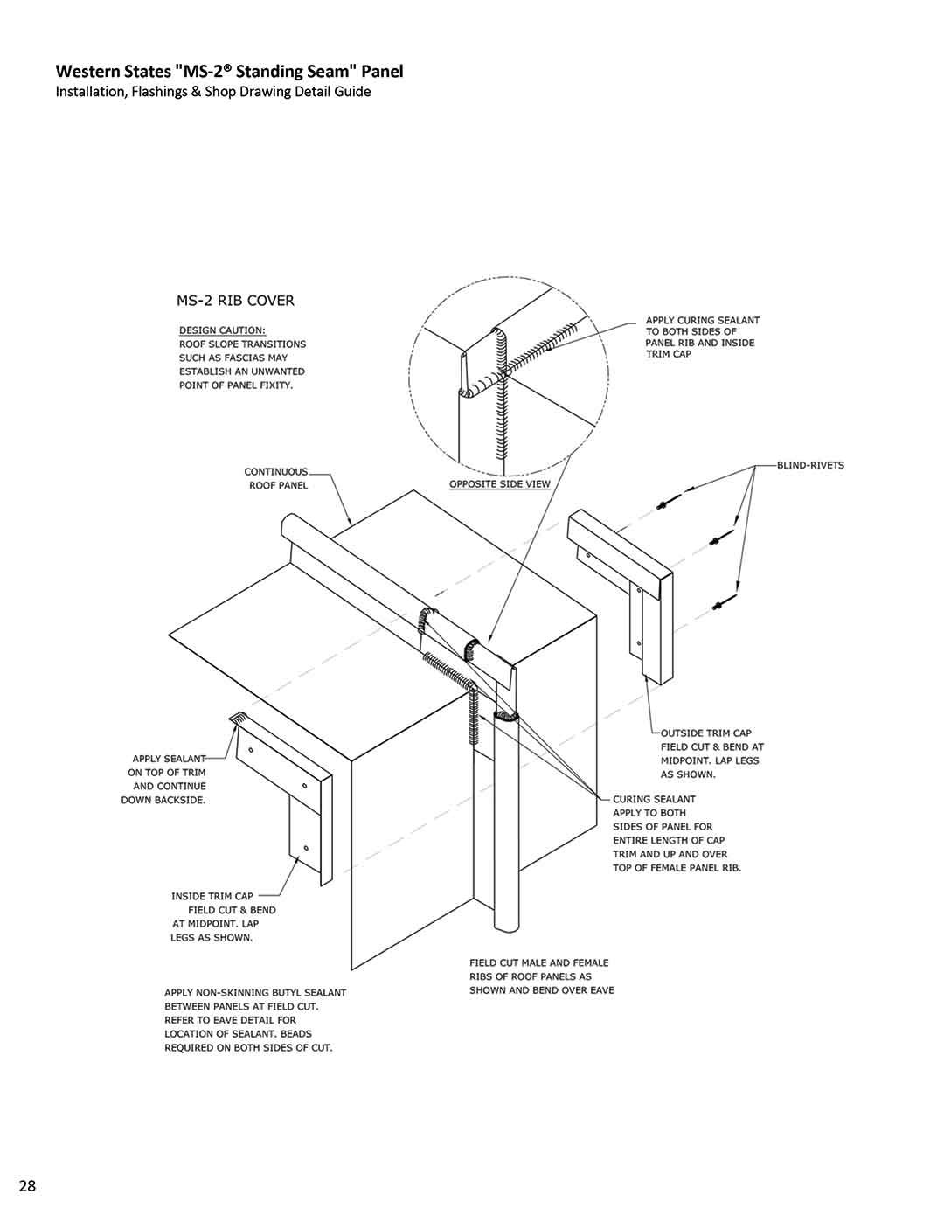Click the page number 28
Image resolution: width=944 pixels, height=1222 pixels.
27,1185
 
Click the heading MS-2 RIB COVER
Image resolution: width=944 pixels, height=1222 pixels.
235,301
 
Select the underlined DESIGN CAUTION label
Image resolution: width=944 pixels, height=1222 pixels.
222,330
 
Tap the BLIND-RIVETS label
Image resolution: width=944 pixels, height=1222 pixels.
810,465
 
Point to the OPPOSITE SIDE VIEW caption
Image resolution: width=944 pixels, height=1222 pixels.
499,483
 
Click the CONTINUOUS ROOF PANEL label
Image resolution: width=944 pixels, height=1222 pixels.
277,478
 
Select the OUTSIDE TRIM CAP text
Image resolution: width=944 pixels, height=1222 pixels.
705,733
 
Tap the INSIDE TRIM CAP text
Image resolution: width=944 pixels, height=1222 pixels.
212,896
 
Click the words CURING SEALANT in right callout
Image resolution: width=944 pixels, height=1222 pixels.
654,799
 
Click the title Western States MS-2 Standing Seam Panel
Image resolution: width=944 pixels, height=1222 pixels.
229,71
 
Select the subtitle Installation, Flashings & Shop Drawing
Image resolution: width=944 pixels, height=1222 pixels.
213,92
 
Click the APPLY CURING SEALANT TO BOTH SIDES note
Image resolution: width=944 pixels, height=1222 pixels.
702,337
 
